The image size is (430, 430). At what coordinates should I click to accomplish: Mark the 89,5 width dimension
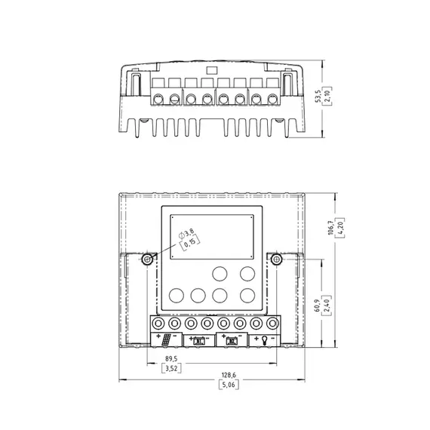[173, 358]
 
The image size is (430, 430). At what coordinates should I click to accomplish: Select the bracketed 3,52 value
[173, 368]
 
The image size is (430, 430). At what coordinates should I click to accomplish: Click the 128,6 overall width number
[229, 373]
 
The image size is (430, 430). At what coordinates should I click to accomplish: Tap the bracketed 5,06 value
[229, 384]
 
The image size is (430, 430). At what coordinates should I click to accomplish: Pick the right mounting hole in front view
[277, 260]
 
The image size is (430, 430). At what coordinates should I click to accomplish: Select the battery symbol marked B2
[232, 340]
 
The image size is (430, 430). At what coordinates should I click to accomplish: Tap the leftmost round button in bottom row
[177, 295]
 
